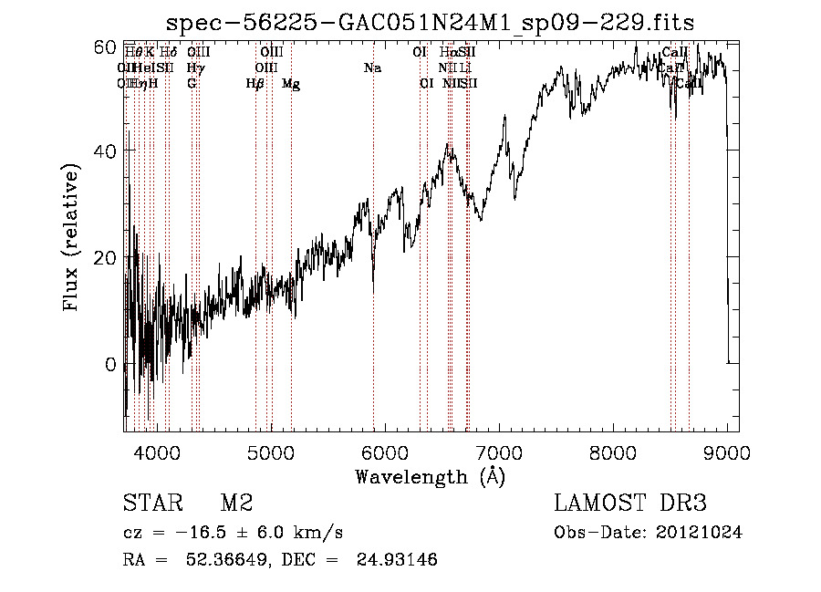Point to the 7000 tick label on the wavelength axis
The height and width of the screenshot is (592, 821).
[499, 450]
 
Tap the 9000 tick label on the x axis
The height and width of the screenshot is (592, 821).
[727, 450]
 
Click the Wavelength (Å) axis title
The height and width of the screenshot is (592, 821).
[430, 476]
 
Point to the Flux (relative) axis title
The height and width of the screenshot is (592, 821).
[72, 234]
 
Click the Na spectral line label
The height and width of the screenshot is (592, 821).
[372, 68]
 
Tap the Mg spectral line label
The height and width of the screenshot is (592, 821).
[291, 84]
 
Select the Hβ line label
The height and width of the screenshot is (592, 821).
[255, 84]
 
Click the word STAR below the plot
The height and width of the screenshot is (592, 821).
[149, 504]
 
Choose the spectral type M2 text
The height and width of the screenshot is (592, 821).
[236, 504]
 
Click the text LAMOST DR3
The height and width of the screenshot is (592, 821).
[629, 504]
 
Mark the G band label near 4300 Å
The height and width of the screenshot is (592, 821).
[192, 84]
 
